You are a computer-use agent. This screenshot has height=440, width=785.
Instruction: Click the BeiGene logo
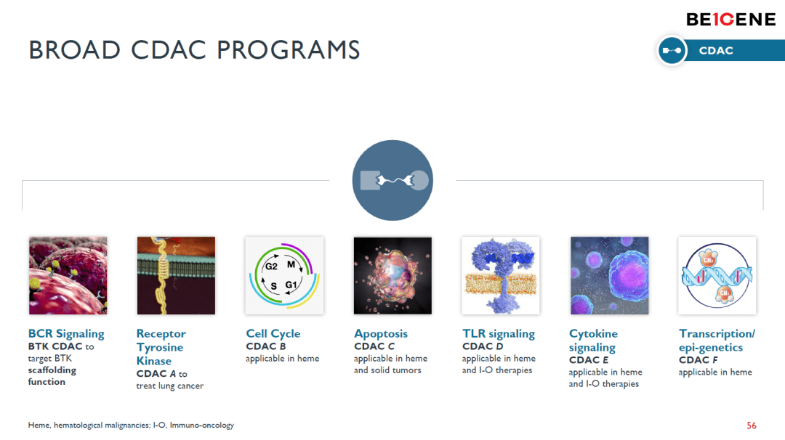(730, 20)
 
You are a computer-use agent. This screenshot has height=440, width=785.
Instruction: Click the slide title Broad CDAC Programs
(194, 50)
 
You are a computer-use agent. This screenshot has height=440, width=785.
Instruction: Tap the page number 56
(752, 425)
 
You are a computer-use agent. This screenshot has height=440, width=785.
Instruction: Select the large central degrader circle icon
(393, 181)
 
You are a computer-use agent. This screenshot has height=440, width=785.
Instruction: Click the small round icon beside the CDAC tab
(672, 51)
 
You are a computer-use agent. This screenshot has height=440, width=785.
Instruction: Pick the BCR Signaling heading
(66, 333)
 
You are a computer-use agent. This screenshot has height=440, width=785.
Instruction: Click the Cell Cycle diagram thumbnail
(284, 275)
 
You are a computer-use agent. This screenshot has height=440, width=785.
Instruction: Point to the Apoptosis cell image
(392, 275)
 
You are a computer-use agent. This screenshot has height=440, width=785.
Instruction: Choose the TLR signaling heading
(499, 333)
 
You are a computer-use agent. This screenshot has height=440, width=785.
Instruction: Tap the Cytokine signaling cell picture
(609, 275)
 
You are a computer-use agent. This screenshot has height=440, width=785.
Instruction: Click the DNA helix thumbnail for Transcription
(717, 275)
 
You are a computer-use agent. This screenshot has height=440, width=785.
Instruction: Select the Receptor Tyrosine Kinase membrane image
(176, 275)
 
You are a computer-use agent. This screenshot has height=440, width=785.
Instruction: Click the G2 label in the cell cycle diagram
(271, 266)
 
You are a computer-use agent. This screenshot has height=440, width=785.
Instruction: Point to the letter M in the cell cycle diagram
(291, 264)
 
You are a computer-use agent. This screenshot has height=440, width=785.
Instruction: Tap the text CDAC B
(266, 346)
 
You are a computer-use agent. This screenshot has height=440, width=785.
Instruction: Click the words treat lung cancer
(169, 386)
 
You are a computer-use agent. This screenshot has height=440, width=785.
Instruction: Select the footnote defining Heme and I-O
(131, 425)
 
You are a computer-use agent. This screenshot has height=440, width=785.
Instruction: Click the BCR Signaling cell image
(68, 275)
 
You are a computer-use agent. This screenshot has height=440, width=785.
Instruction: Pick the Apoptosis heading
(381, 333)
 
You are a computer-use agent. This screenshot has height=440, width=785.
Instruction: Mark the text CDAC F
(699, 360)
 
